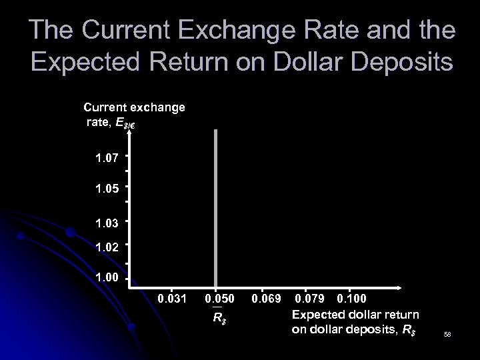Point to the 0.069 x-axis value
click(x=265, y=296)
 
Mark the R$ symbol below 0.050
click(x=218, y=316)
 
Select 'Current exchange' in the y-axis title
click(x=134, y=107)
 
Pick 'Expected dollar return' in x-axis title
click(x=355, y=313)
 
